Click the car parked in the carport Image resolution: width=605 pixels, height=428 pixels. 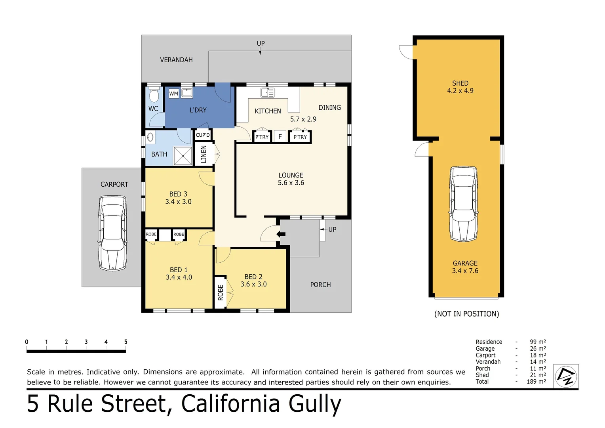113,233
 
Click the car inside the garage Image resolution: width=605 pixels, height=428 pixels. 463,204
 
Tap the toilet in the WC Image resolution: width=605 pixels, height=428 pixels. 154,95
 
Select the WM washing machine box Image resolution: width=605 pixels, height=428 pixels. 173,94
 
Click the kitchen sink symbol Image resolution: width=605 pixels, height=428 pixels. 267,93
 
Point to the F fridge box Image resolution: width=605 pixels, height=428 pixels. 280,137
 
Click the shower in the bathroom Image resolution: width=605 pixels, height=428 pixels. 183,156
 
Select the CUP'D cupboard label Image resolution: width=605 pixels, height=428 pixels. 203,135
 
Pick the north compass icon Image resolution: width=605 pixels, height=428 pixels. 565,376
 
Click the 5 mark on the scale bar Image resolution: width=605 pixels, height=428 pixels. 126,342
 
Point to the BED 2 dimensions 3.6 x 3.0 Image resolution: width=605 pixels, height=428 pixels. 253,284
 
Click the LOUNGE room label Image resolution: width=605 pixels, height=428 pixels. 291,175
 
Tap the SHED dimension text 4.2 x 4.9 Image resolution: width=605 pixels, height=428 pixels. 460,91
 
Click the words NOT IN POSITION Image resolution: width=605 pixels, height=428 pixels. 466,314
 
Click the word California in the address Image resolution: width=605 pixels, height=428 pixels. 230,403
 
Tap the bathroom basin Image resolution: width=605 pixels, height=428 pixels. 150,137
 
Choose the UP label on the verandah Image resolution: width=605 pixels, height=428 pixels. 261,44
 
